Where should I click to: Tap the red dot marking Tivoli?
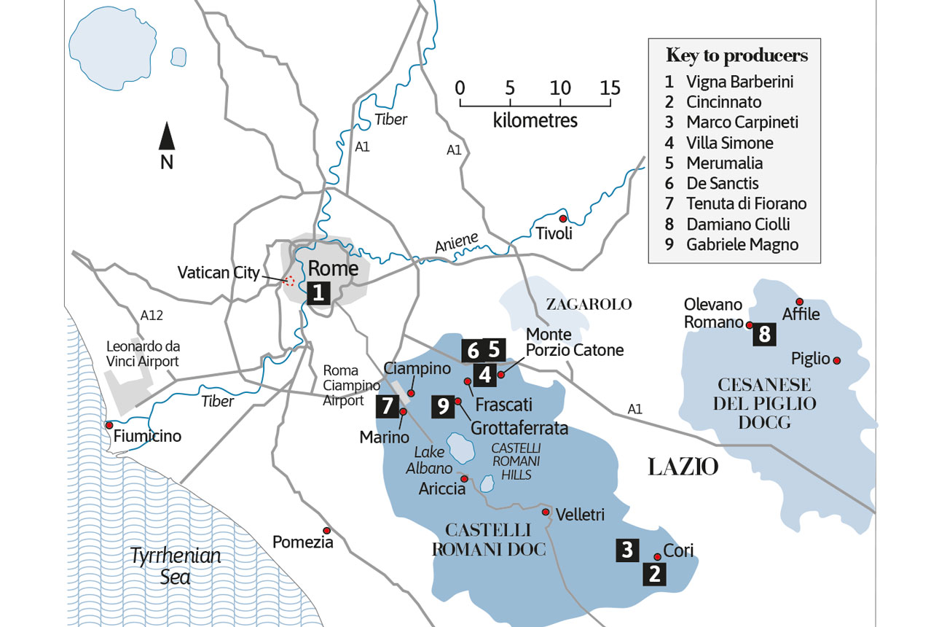pyautogui.click(x=562, y=219)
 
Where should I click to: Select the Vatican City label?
pyautogui.click(x=219, y=273)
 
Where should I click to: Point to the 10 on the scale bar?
pyautogui.click(x=560, y=88)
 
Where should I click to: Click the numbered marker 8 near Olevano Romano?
pyautogui.click(x=764, y=334)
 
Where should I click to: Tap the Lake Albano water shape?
pyautogui.click(x=459, y=443)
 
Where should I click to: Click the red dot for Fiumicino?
pyautogui.click(x=109, y=425)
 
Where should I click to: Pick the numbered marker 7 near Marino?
pyautogui.click(x=387, y=406)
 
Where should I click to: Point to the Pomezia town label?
pyautogui.click(x=302, y=542)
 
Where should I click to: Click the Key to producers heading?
pyautogui.click(x=736, y=56)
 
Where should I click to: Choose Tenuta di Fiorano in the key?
pyautogui.click(x=746, y=204)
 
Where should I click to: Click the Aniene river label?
pyautogui.click(x=457, y=244)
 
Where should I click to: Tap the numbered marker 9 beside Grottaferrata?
pyautogui.click(x=442, y=406)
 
